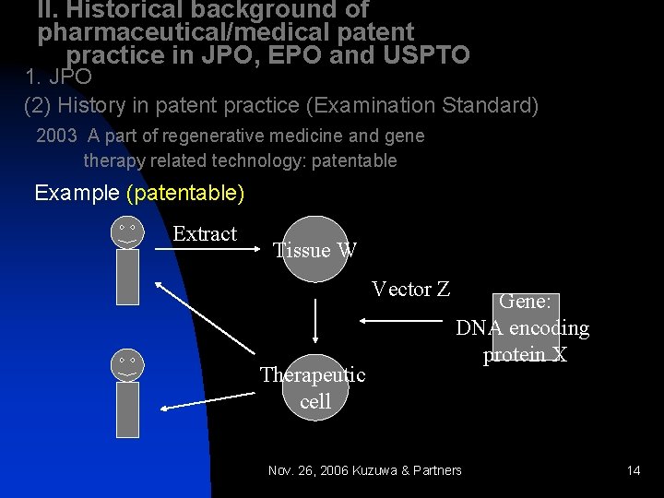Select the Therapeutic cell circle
pos(315,385)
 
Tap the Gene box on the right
pos(523,327)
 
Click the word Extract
pos(205,234)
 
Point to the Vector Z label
pos(410,290)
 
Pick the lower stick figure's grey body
pos(127,409)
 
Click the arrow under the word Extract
pos(205,249)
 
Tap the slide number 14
pos(633,470)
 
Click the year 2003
pos(55,136)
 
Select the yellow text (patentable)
pos(185,194)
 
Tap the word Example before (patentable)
pos(76,194)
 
